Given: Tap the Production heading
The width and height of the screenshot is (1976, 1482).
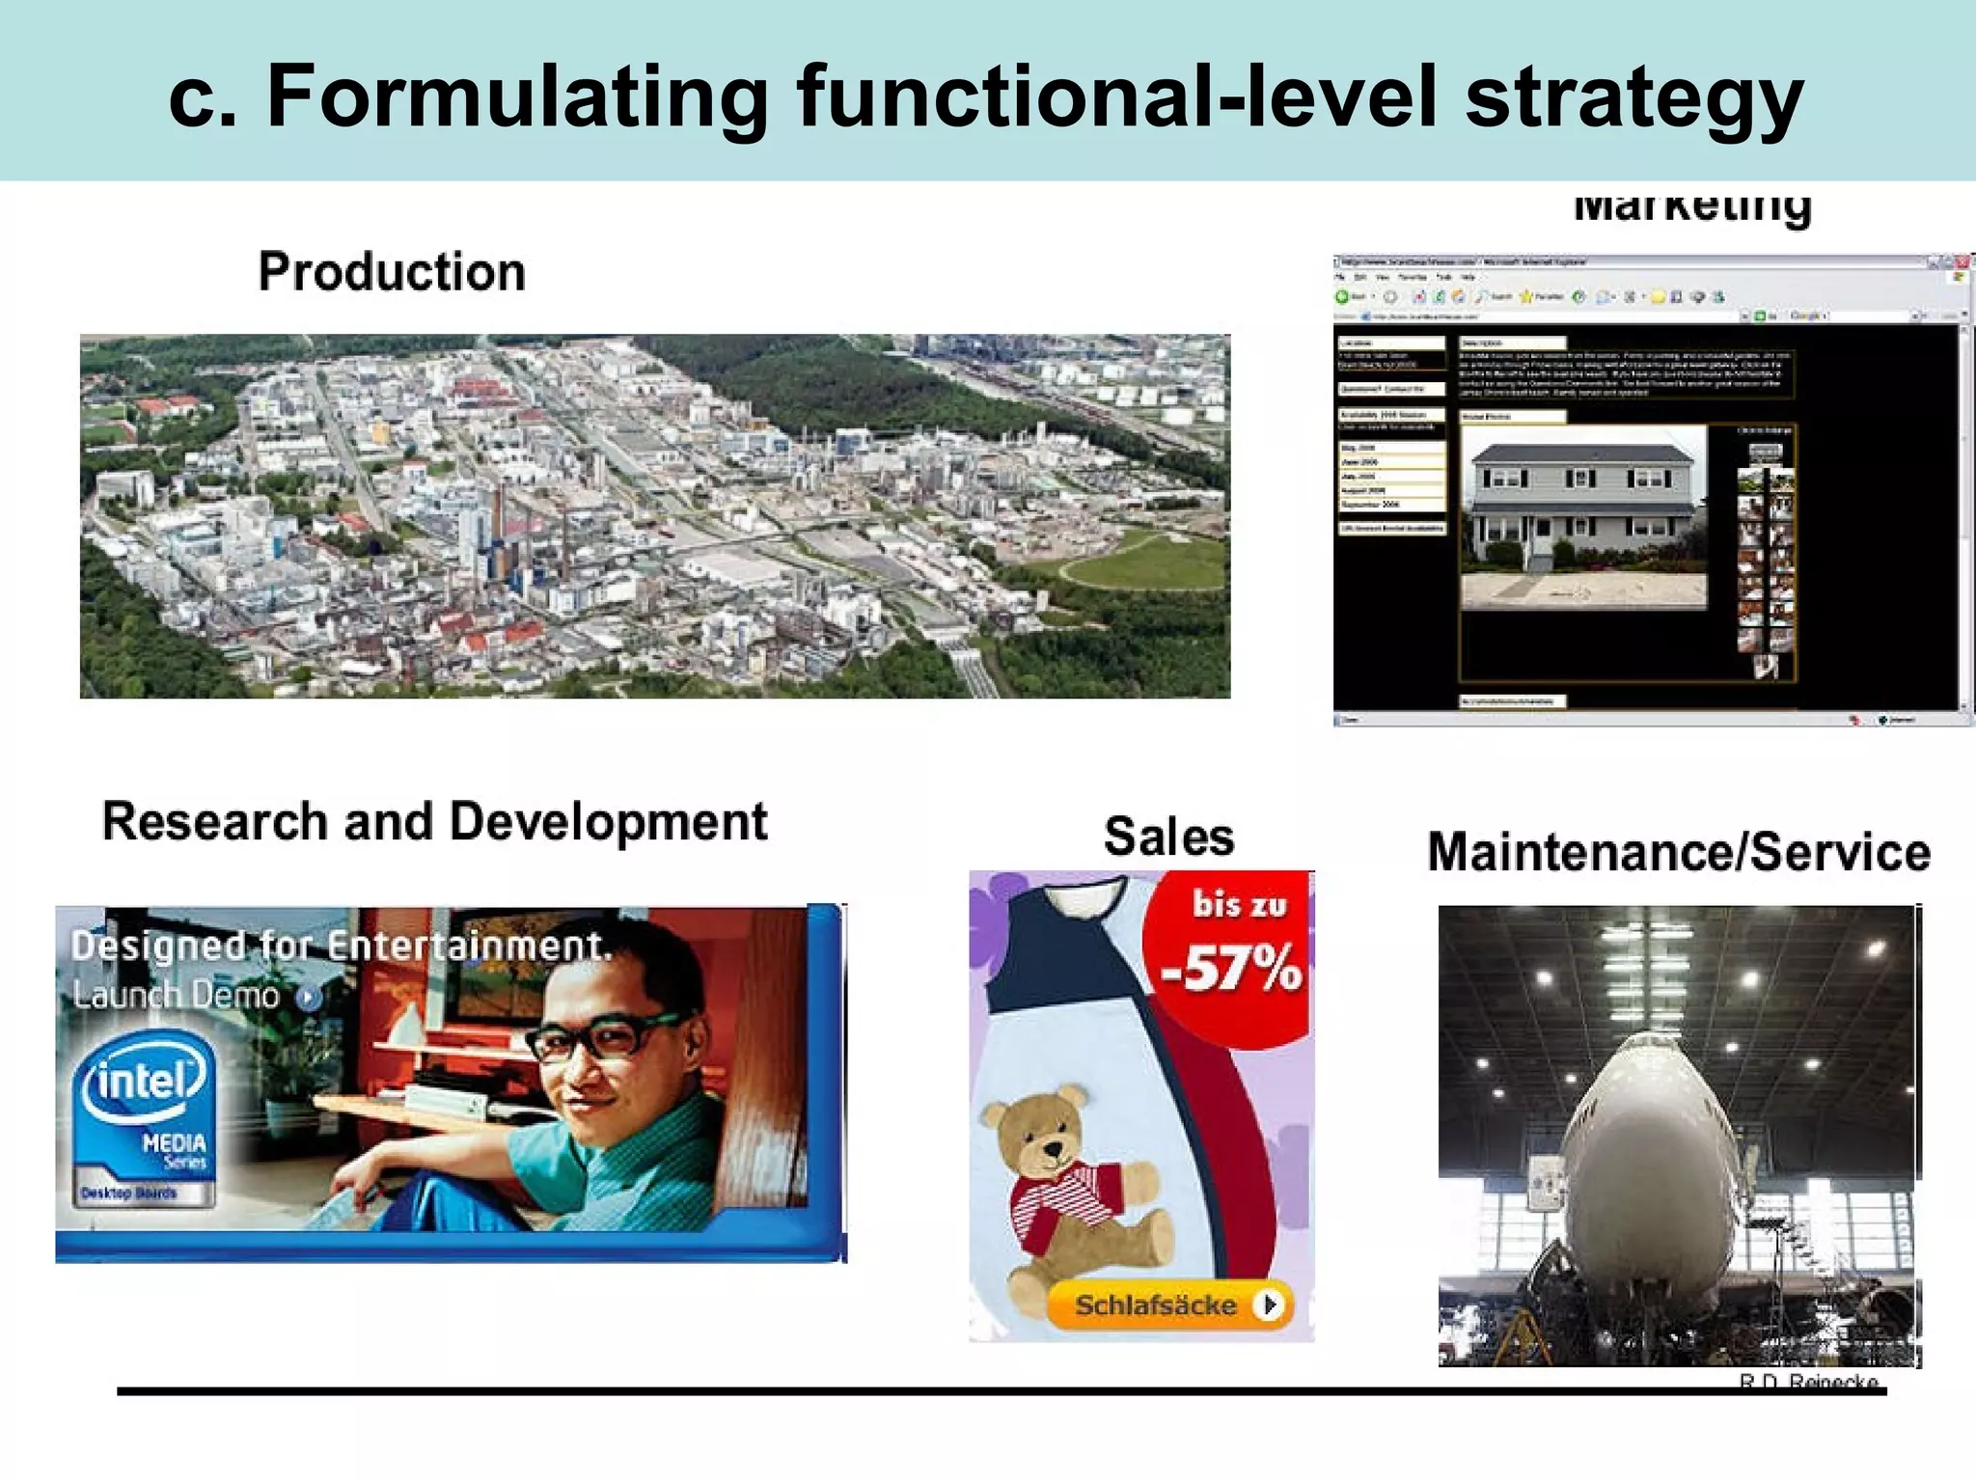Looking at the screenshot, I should pyautogui.click(x=392, y=272).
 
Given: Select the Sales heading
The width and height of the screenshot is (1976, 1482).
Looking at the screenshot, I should pyautogui.click(x=1168, y=836).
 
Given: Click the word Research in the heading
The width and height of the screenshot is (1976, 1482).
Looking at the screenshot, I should pyautogui.click(x=215, y=822).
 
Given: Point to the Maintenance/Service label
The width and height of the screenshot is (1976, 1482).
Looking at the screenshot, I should pyautogui.click(x=1678, y=853).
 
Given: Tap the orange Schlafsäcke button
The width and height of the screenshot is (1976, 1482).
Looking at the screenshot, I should pyautogui.click(x=1168, y=1305).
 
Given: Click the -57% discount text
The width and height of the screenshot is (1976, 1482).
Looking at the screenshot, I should pyautogui.click(x=1232, y=968).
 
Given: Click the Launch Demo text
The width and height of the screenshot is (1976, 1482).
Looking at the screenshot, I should pyautogui.click(x=176, y=995).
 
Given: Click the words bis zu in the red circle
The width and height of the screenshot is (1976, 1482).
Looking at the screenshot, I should pyautogui.click(x=1239, y=905).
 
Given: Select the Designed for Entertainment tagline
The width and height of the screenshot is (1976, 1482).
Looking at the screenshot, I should pyautogui.click(x=342, y=946).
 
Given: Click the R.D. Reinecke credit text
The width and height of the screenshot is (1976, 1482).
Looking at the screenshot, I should pyautogui.click(x=1808, y=1381).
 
